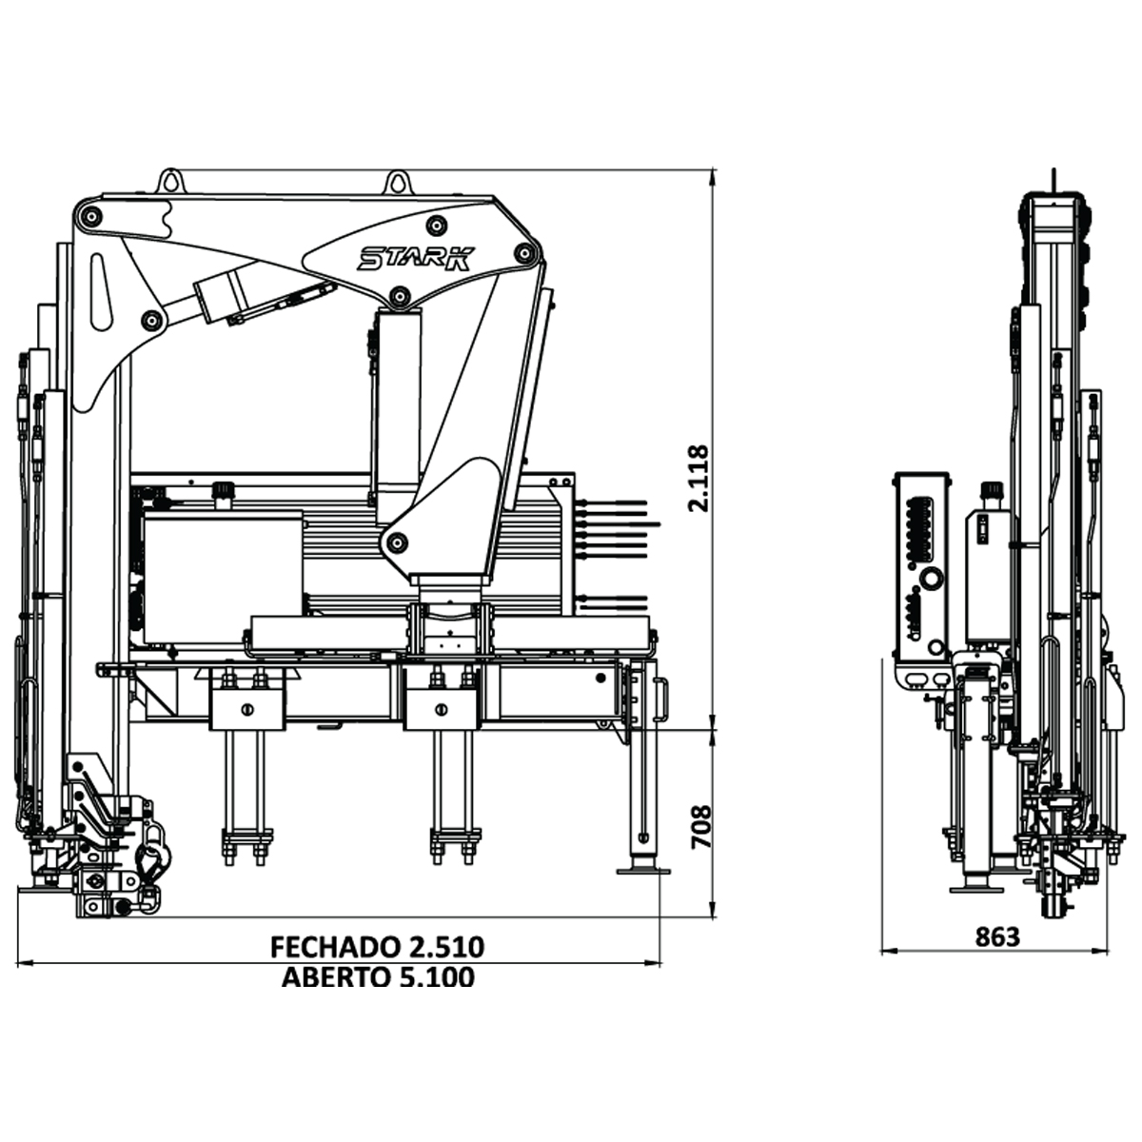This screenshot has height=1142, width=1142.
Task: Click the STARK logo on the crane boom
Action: pyautogui.click(x=415, y=258)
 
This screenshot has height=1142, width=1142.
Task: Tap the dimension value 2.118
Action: pyautogui.click(x=699, y=478)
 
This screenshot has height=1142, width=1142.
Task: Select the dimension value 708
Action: pyautogui.click(x=699, y=827)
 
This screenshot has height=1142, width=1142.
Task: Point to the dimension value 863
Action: pyautogui.click(x=996, y=937)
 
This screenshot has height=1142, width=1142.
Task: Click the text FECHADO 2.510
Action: pyautogui.click(x=377, y=947)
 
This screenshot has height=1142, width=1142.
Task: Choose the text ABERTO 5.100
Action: pyautogui.click(x=377, y=977)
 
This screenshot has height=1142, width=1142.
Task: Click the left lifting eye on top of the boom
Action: pyautogui.click(x=170, y=181)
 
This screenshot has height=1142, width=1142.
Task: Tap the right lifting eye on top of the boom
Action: pyautogui.click(x=397, y=181)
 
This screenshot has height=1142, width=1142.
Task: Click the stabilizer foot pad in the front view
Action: pyautogui.click(x=642, y=870)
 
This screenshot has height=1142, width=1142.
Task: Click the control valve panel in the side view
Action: pyautogui.click(x=921, y=566)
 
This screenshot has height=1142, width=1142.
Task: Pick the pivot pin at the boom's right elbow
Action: pyautogui.click(x=522, y=253)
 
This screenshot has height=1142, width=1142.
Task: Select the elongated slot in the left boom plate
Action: pyautogui.click(x=100, y=291)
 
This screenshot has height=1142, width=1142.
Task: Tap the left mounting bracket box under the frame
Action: pyautogui.click(x=246, y=708)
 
